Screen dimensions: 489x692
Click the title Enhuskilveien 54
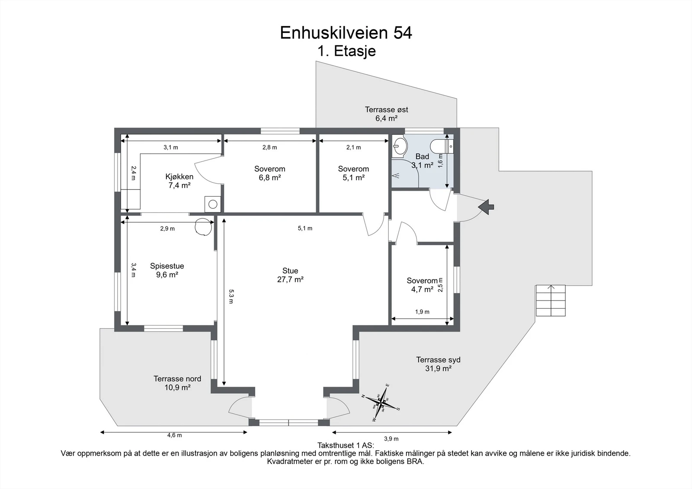(346, 33)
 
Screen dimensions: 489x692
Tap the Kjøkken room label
(179, 181)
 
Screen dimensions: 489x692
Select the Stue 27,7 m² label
(290, 275)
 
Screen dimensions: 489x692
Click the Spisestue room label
(167, 270)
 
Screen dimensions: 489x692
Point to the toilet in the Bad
(442, 146)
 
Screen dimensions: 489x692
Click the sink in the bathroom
(400, 146)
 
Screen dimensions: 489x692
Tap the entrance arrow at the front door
(487, 207)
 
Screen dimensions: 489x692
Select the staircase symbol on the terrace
(551, 300)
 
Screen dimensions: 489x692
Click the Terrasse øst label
(386, 114)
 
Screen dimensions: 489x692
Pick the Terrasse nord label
(177, 383)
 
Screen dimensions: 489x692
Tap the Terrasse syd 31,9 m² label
(438, 364)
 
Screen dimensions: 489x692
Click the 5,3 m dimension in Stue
(231, 296)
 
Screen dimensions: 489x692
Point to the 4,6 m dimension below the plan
(174, 435)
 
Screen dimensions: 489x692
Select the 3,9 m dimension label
(391, 438)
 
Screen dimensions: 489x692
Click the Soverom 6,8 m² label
(269, 173)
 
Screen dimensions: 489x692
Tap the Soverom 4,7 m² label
(422, 285)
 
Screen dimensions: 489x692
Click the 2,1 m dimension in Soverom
(353, 147)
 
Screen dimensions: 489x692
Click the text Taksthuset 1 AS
(346, 445)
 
